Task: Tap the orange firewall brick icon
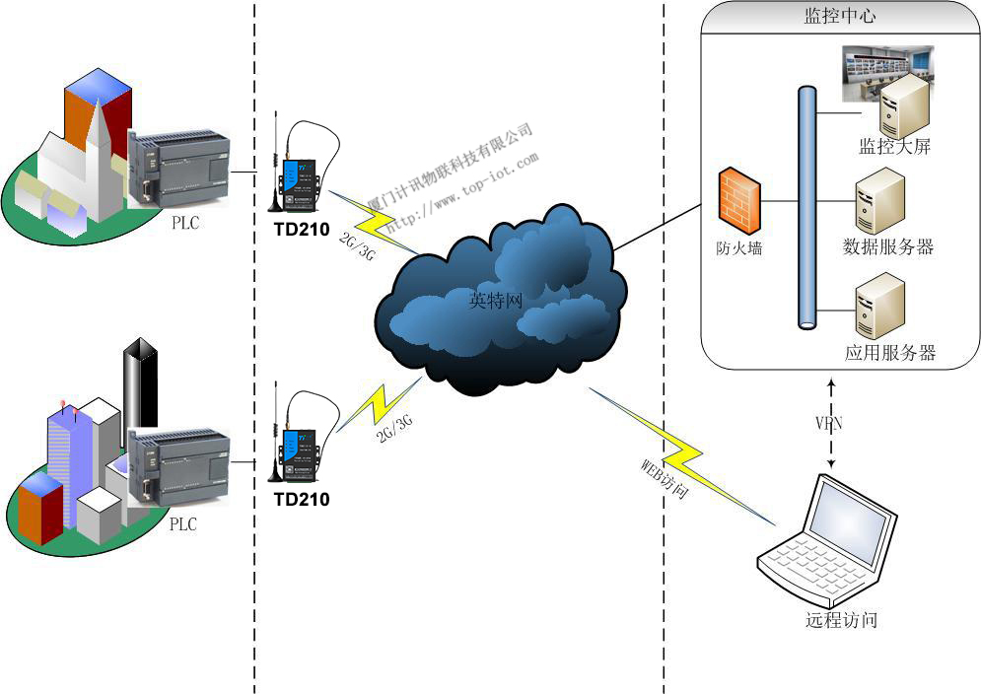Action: (738, 201)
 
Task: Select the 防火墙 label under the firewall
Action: (738, 247)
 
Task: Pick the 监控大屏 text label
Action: (894, 148)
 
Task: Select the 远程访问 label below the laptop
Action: (840, 620)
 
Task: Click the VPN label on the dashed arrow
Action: (829, 424)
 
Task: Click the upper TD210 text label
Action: (301, 232)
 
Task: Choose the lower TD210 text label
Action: (301, 499)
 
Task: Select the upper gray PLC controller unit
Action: (178, 169)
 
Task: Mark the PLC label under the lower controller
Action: (182, 524)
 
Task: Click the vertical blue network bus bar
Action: (807, 208)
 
